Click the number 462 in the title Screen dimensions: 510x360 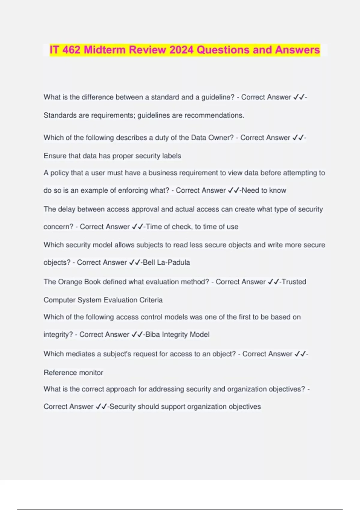tap(71, 50)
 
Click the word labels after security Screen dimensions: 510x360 tap(172, 156)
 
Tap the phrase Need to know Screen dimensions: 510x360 tap(264, 190)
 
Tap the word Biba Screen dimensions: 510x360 tap(153, 334)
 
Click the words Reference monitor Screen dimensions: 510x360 tap(73, 373)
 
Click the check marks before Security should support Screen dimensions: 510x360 tap(101, 407)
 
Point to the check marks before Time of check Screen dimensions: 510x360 tap(137, 227)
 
